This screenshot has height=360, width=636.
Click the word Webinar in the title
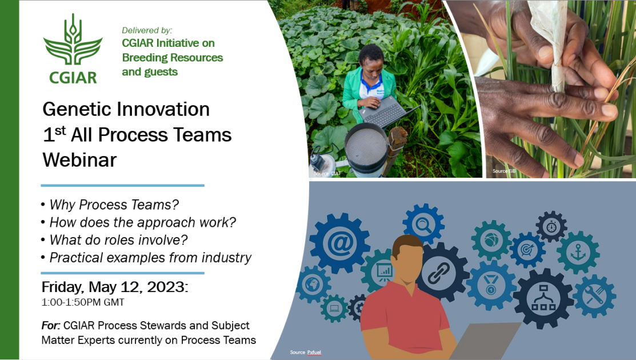pos(79,160)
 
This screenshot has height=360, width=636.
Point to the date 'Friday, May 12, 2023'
pos(114,287)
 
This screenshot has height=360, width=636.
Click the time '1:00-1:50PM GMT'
pos(83,302)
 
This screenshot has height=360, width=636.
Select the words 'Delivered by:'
pos(147,30)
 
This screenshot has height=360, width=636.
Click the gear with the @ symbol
pos(339,243)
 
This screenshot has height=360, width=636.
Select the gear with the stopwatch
pos(551,226)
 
